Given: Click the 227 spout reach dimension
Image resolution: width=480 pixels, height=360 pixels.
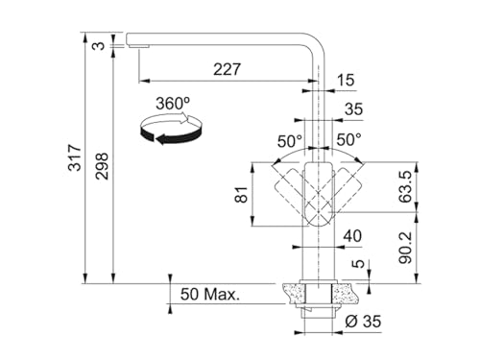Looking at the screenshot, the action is (x=227, y=69).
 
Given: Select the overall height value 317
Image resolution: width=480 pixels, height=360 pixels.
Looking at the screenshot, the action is (x=76, y=157).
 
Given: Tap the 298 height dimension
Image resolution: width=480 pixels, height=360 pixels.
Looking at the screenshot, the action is (x=103, y=166).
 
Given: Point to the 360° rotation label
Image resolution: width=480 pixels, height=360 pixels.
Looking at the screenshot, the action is (x=173, y=103).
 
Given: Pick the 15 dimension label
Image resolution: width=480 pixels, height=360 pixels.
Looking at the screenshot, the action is (x=346, y=80).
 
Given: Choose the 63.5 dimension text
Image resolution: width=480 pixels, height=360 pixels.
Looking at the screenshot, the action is (x=405, y=186).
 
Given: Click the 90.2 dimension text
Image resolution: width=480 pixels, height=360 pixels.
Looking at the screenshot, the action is (x=405, y=248).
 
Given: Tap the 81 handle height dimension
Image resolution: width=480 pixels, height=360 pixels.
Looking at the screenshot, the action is (x=241, y=194).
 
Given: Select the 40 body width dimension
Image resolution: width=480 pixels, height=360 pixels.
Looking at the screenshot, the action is (x=352, y=236).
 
